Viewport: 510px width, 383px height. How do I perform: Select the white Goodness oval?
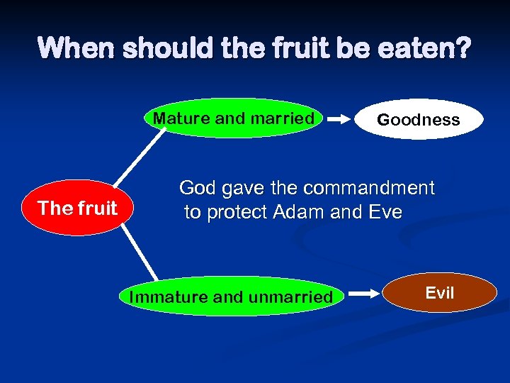coord(418,119)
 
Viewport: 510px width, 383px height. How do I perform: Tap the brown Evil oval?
coord(439,294)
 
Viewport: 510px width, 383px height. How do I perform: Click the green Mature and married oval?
coord(234,118)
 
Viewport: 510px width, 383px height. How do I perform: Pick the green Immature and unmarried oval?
coord(230,296)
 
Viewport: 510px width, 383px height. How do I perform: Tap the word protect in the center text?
coord(241,212)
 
